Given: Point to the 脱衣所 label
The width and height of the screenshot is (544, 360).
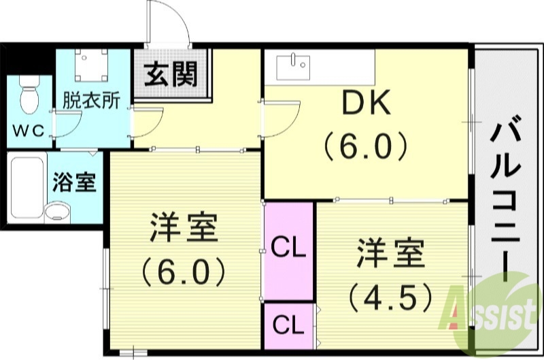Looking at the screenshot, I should pos(92,100).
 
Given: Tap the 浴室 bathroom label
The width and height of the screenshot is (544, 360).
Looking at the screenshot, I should pos(75,184).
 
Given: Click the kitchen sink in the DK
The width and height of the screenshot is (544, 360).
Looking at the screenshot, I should pos(293,67).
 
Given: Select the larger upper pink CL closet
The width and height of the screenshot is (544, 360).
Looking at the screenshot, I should pos(288,248).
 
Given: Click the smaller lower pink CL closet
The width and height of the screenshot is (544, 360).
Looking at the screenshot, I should pos(288,325).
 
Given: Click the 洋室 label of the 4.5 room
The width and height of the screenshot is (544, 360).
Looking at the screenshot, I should pos(390,256).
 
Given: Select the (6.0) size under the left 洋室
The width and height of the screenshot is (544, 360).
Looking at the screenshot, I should pos(184,272).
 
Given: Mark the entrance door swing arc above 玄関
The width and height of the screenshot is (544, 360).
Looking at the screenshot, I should pos(170,24).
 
